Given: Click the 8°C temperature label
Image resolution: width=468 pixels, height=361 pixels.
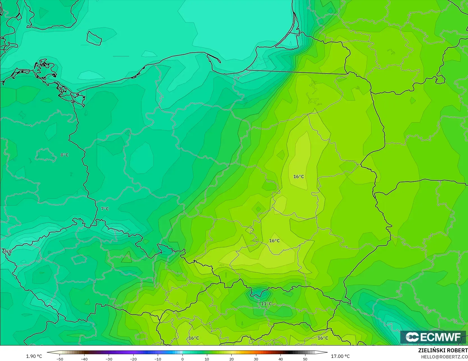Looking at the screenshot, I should tap(64, 155).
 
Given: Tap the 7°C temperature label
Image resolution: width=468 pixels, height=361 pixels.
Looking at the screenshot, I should tap(105, 209).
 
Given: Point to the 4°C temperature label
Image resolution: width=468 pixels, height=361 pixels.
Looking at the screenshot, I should tap(8, 251).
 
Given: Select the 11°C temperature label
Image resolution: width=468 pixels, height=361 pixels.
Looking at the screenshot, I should tap(266, 304).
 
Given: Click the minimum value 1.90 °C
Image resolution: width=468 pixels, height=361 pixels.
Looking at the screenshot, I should tap(34, 356).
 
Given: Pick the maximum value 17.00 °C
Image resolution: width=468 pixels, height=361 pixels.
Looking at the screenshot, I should tap(340, 356).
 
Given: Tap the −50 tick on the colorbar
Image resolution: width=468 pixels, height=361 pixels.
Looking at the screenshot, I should tap(60, 359).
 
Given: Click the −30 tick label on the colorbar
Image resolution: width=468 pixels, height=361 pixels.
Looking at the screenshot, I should tap(109, 359).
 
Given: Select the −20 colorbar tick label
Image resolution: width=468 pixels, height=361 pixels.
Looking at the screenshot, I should tap(133, 359).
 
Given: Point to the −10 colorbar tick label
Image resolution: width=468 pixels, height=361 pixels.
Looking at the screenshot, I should tap(158, 359).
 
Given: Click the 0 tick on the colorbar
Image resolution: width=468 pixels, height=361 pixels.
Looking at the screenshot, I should tap(182, 359).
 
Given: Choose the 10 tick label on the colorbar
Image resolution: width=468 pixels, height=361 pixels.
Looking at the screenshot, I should tap(207, 359).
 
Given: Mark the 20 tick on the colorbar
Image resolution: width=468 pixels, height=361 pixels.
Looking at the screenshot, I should tap(231, 359).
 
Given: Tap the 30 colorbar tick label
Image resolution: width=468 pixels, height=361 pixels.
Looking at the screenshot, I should tap(256, 359).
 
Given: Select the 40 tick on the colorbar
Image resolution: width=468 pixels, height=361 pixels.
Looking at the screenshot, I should tap(280, 359).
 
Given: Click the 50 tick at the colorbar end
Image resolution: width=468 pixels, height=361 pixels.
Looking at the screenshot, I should tap(305, 359).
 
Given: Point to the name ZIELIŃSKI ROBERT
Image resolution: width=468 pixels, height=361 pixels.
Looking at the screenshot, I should tap(443, 351).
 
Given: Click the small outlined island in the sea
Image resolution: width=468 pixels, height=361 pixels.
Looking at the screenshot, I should tap(94, 38).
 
